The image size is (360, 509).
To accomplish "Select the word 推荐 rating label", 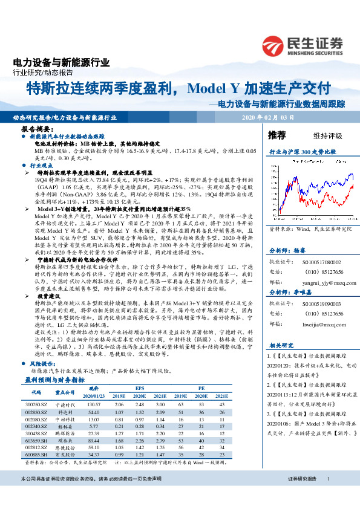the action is (x=277, y=134).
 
